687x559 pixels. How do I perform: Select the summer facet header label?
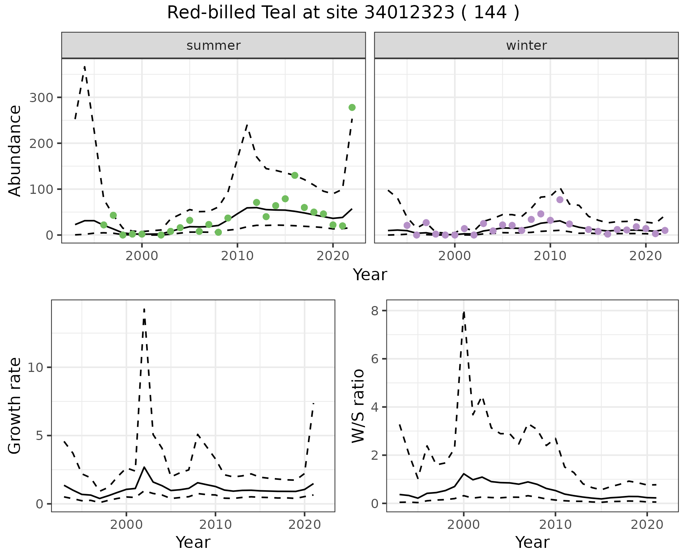(213, 46)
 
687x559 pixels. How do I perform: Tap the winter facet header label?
(526, 46)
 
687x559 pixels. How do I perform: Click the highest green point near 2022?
(352, 107)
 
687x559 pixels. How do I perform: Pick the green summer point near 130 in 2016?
(294, 175)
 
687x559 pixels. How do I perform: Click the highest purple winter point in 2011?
(560, 200)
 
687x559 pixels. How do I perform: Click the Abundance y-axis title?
(15, 150)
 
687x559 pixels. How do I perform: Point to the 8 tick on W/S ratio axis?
(375, 311)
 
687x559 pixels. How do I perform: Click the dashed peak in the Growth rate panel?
(144, 309)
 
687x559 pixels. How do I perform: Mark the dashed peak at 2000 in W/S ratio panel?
(464, 312)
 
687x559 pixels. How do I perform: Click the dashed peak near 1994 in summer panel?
(84, 67)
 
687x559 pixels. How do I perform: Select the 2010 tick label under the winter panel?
(550, 256)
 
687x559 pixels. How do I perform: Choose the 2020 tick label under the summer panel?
(333, 256)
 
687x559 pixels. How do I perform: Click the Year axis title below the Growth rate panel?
(193, 543)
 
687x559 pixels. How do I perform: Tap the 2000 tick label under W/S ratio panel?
(463, 525)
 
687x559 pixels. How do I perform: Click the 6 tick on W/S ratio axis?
(375, 359)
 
